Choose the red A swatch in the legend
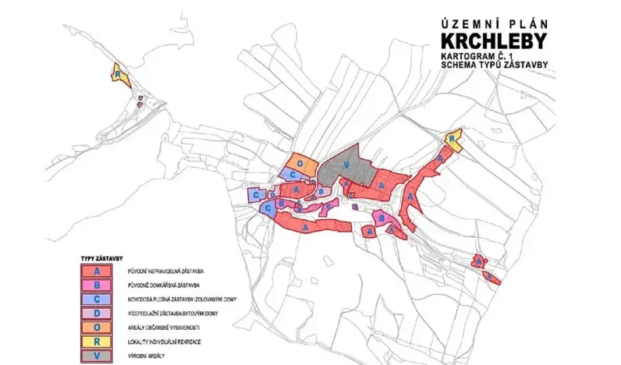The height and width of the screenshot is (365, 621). (96, 270)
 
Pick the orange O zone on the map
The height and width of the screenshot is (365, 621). (300, 164)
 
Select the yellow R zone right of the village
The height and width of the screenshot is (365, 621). (452, 140)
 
